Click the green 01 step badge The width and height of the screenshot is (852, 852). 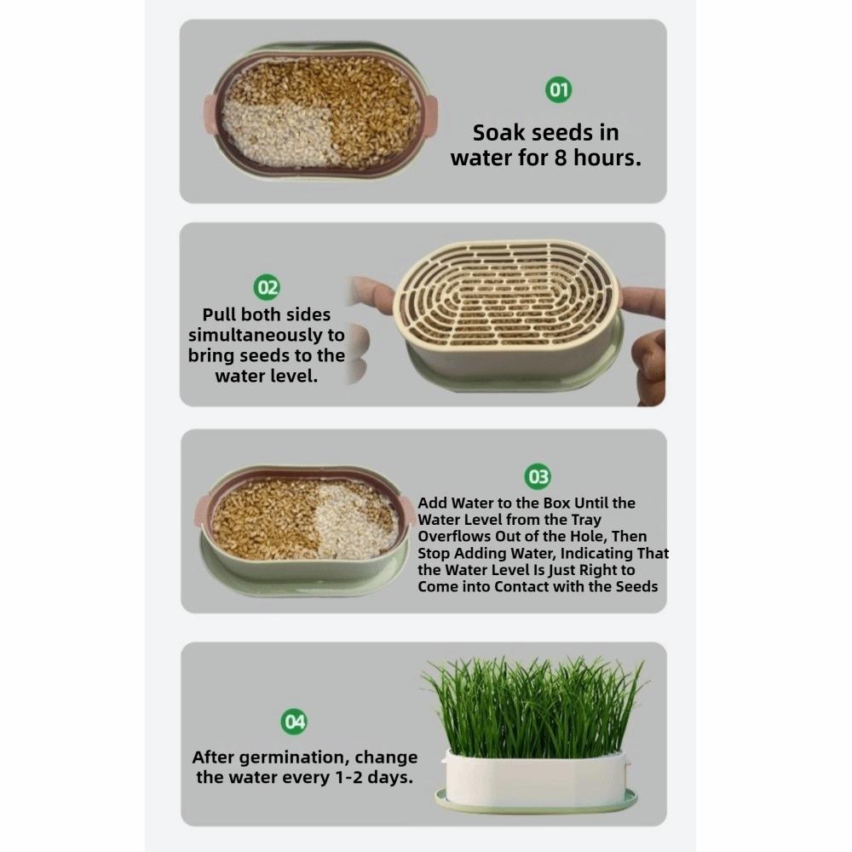click(558, 89)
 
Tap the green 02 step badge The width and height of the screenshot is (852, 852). click(268, 287)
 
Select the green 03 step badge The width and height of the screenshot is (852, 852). click(539, 477)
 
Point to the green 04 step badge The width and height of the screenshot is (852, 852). click(295, 722)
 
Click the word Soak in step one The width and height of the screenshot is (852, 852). click(498, 133)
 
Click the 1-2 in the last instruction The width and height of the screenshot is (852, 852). click(353, 777)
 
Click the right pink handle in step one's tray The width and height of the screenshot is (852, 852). click(429, 113)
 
